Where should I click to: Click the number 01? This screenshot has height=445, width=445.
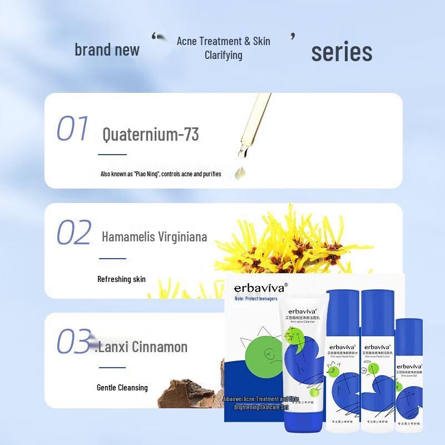click(x=72, y=128)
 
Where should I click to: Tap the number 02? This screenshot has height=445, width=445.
click(x=73, y=233)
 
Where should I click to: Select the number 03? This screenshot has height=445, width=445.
click(x=73, y=341)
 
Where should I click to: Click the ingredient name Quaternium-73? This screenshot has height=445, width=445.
click(x=151, y=135)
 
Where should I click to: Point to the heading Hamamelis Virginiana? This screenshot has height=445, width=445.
click(x=155, y=237)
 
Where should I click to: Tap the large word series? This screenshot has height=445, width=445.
click(x=342, y=52)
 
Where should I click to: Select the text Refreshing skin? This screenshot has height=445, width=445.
click(x=121, y=279)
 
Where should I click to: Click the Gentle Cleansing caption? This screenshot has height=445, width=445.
click(x=122, y=387)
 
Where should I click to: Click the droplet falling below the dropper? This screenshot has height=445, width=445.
click(x=241, y=173)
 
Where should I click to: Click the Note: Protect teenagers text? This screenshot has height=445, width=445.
click(x=256, y=299)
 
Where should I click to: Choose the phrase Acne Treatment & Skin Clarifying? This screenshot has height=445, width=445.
click(x=223, y=48)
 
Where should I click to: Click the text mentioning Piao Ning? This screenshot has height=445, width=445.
click(x=161, y=174)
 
